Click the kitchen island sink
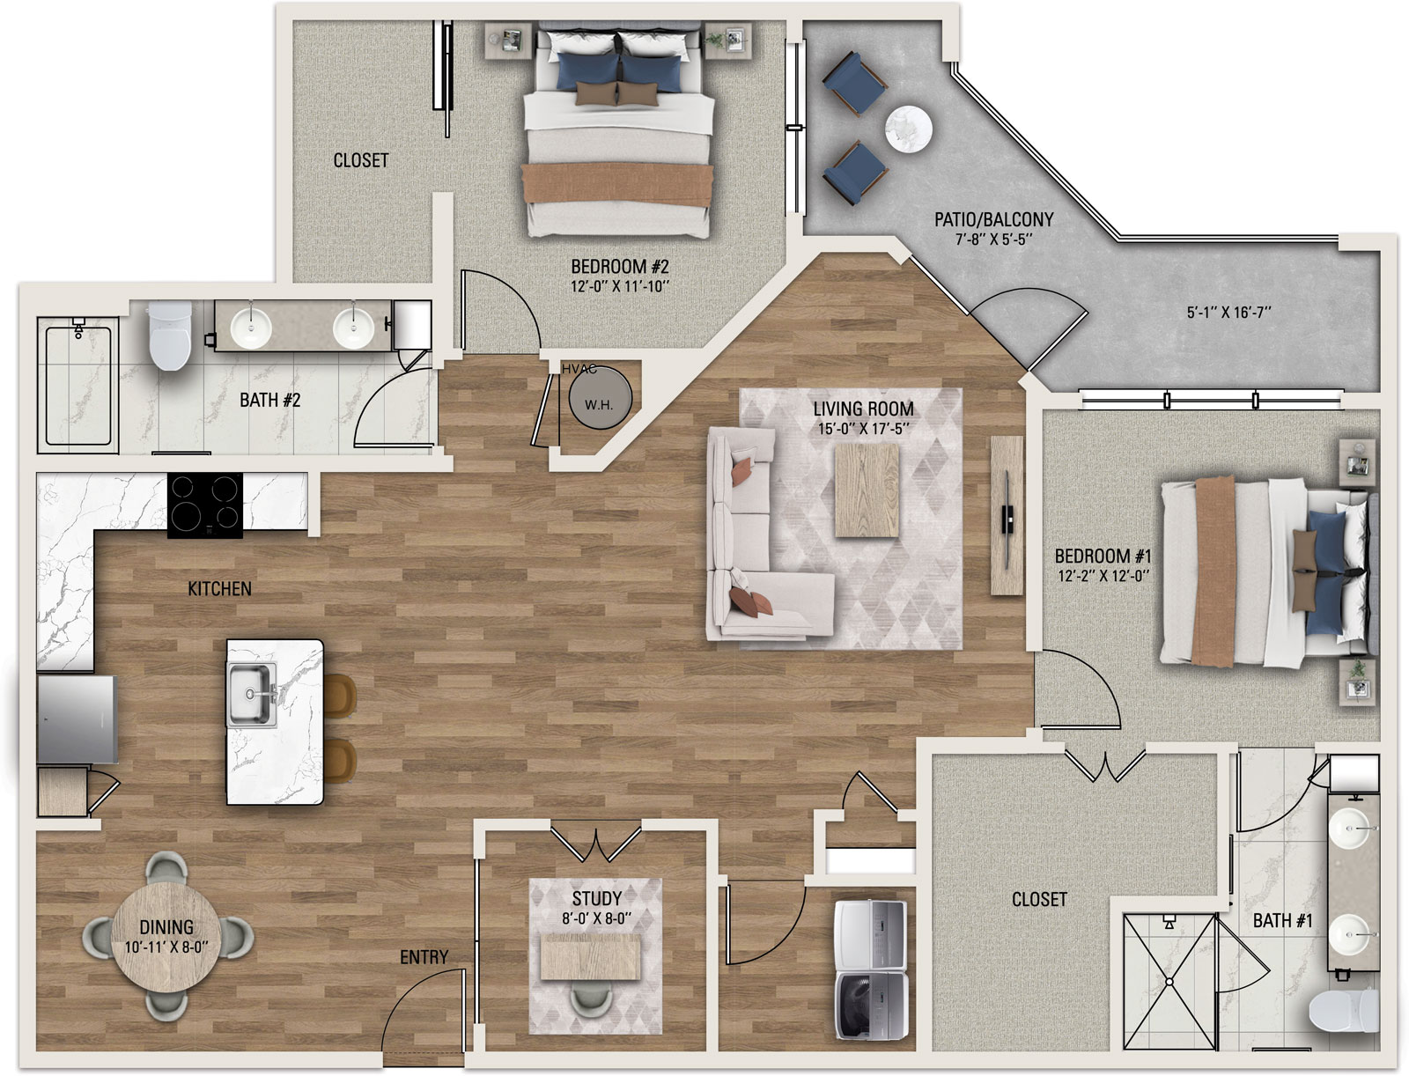251,694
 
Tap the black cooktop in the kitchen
205,505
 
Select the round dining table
167,936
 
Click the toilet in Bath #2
170,335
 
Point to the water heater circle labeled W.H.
601,398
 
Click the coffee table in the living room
867,490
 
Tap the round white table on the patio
908,129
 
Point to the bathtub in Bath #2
77,385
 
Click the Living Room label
863,409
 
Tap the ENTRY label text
424,957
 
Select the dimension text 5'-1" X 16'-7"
1228,313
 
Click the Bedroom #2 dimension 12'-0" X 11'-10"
620,286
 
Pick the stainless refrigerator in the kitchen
77,719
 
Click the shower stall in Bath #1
1169,982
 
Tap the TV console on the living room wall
1007,515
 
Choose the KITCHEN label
219,588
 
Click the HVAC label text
579,369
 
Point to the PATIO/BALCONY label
993,219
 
